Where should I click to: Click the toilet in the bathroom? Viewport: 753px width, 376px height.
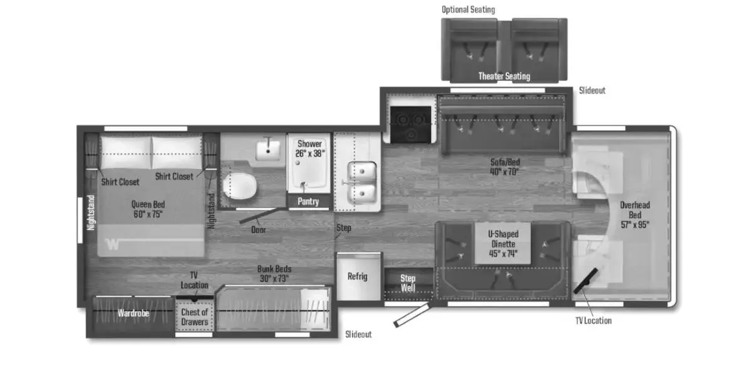[240, 186]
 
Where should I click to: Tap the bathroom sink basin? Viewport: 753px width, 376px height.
[268, 150]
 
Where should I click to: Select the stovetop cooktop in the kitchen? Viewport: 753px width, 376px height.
[411, 125]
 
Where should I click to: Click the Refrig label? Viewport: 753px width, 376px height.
[357, 276]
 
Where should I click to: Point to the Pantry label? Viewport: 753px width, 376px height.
[308, 201]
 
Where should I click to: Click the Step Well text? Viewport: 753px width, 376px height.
[408, 283]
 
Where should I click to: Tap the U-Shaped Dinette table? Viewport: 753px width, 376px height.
[503, 243]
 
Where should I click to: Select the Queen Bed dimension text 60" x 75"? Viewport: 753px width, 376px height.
[148, 214]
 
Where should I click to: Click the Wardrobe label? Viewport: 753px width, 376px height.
[133, 313]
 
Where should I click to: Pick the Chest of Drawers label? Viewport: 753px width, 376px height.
[195, 317]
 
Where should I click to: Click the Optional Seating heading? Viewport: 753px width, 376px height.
[468, 10]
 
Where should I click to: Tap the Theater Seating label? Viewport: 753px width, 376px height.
[505, 76]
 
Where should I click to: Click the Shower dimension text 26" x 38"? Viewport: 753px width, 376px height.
[310, 154]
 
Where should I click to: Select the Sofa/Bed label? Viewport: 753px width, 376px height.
[505, 162]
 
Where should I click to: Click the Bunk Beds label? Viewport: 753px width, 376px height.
[274, 269]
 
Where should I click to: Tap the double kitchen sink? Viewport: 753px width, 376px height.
[362, 183]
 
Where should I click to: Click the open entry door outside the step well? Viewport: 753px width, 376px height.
[412, 315]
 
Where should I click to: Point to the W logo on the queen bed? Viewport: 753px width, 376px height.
[112, 244]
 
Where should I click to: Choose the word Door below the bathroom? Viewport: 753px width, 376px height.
[259, 230]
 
